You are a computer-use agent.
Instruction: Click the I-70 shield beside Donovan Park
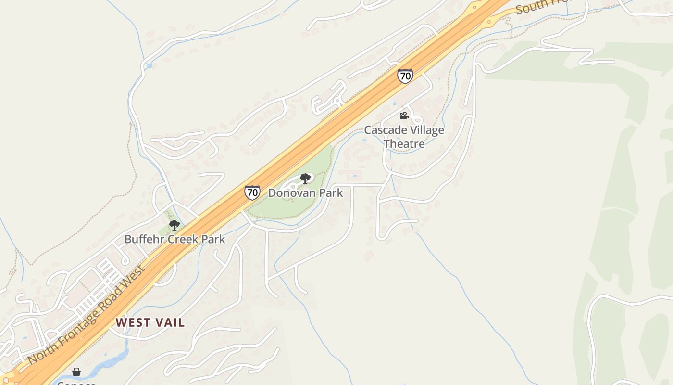click(x=252, y=192)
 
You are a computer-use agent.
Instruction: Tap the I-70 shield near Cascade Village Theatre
click(x=405, y=76)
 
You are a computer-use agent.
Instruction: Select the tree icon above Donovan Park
click(x=305, y=179)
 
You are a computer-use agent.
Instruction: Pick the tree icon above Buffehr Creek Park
click(x=174, y=225)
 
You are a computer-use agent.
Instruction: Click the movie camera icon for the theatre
click(x=404, y=115)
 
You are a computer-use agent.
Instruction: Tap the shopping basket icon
click(x=76, y=372)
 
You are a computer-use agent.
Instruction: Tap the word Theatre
click(x=404, y=144)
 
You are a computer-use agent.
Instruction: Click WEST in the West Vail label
click(x=132, y=322)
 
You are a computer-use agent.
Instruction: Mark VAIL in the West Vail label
click(x=168, y=322)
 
